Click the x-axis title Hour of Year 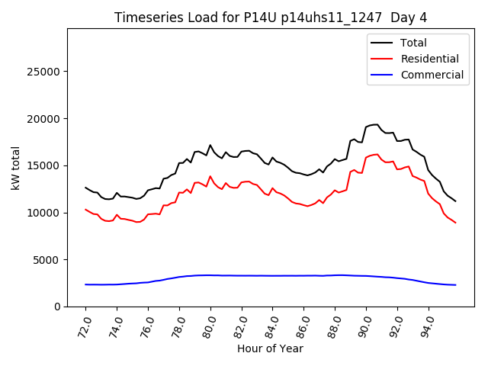coord(271,348)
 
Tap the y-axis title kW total coord(16,167)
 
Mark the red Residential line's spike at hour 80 coord(210,176)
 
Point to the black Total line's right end coord(455,201)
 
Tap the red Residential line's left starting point coord(85,209)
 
